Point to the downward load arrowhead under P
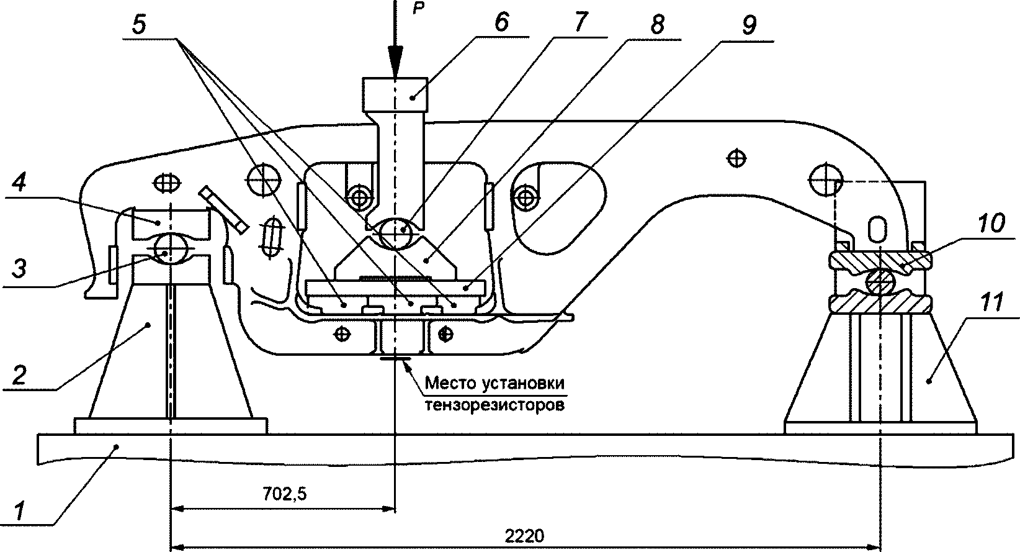coord(394,65)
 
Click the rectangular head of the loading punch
coord(395,94)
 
